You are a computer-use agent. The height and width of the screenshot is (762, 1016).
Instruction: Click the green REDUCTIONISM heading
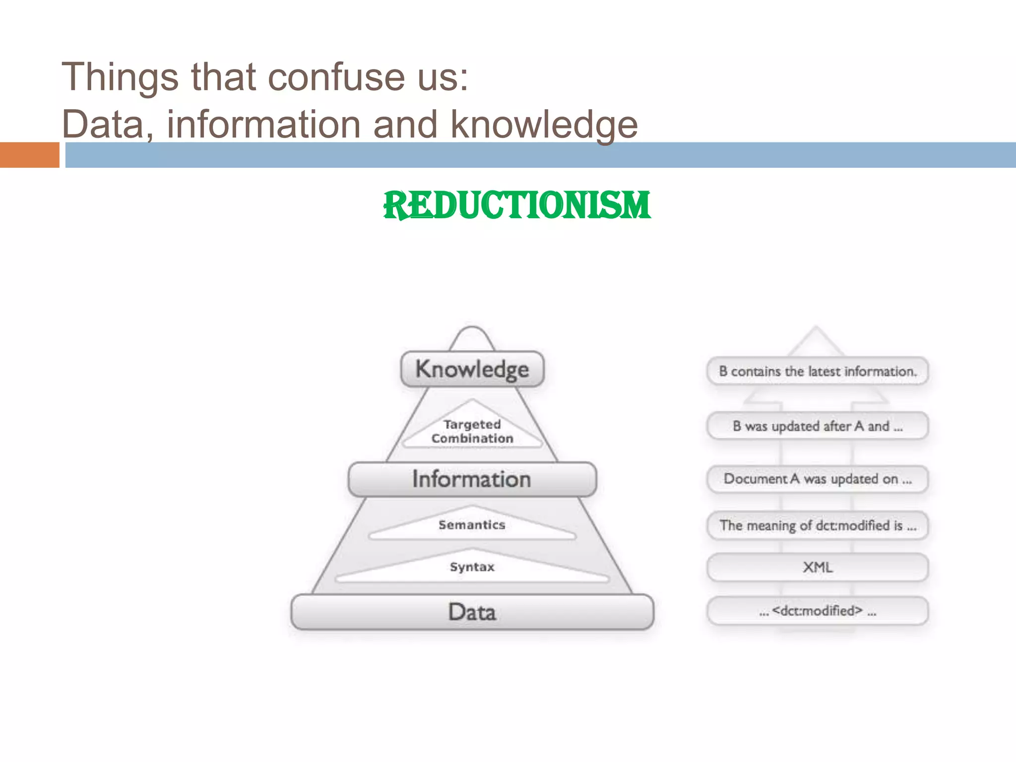coord(516,205)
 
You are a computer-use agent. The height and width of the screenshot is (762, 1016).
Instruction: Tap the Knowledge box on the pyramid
coord(472,369)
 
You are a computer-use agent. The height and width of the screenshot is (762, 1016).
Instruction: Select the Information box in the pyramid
coord(472,479)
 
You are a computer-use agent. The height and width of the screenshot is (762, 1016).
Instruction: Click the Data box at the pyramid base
coord(472,612)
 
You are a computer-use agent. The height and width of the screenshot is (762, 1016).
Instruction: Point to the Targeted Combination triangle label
coord(472,431)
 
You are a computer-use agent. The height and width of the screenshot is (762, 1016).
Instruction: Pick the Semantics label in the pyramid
coord(472,525)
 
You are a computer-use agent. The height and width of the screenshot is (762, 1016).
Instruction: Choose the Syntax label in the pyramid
coord(472,567)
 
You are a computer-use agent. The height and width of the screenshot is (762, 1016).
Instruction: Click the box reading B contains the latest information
coord(818,371)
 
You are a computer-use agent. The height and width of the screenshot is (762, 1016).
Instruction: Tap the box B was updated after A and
coord(818,426)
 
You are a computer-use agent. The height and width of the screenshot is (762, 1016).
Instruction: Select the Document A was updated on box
coord(818,479)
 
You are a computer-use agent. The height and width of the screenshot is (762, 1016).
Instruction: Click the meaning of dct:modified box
coord(818,525)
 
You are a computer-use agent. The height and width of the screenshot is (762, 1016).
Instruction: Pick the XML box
coord(818,567)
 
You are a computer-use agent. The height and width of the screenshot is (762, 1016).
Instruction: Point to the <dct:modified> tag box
coord(818,611)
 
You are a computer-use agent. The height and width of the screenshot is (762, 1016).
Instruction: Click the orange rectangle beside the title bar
coord(29,155)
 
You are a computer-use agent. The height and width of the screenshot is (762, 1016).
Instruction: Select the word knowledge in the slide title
coord(544,125)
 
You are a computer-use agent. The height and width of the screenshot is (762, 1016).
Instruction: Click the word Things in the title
coord(120,77)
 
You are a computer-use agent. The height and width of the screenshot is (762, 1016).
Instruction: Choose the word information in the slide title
coord(263,125)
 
